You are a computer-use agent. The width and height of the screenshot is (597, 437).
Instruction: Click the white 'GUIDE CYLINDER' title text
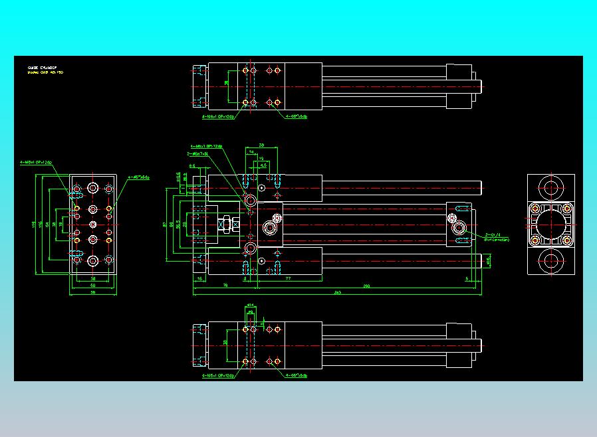42,68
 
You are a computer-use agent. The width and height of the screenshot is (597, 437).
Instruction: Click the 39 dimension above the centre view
261,144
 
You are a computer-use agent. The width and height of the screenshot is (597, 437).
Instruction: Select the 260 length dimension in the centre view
366,286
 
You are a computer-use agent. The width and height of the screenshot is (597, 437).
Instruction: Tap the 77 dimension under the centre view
287,280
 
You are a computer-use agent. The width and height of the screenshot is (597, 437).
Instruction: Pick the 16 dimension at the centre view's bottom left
199,280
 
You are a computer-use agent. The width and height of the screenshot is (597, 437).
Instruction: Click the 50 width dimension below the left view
92,286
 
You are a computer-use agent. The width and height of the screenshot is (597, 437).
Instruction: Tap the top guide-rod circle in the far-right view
550,187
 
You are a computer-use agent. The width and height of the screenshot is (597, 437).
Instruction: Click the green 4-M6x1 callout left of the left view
36,161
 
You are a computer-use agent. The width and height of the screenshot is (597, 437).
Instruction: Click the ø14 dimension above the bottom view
250,305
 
